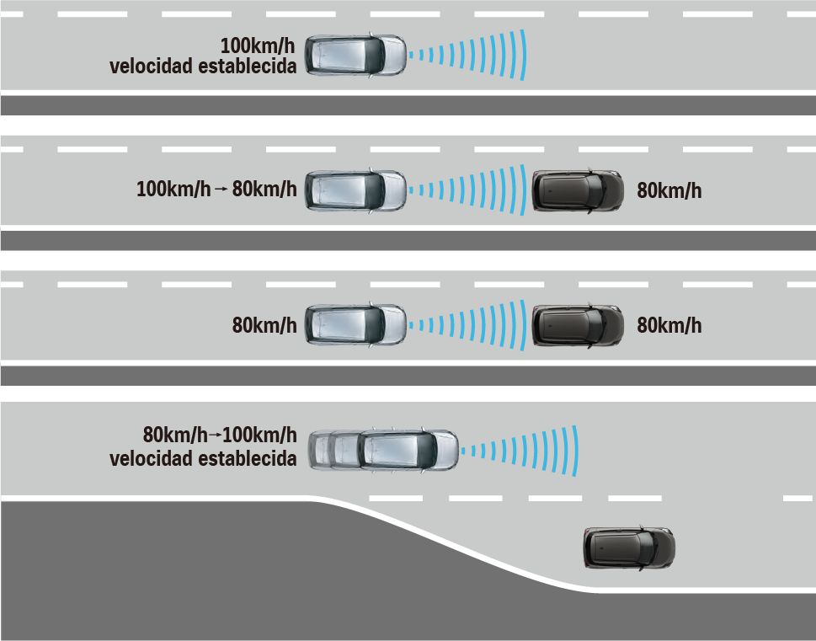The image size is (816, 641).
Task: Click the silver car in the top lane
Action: click(355, 56)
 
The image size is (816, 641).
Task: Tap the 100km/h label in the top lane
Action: click(258, 45)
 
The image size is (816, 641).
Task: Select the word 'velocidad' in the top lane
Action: click(152, 67)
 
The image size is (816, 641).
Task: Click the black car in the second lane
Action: click(578, 190)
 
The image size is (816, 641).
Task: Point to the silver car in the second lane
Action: click(355, 190)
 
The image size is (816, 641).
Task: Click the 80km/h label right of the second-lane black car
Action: click(669, 190)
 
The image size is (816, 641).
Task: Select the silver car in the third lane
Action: click(355, 325)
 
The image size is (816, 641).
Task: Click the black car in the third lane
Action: click(578, 325)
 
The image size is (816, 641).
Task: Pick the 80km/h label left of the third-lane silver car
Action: click(264, 325)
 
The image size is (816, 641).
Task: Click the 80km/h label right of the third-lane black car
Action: click(669, 325)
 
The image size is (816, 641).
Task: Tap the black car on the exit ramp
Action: click(629, 548)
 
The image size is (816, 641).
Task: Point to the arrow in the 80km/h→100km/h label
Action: click(215, 435)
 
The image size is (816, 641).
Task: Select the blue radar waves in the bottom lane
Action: click(520, 451)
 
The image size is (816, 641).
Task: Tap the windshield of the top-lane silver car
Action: click(374, 56)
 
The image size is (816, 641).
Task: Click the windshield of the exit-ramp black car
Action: click(647, 548)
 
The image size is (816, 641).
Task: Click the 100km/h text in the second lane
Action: click(173, 189)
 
